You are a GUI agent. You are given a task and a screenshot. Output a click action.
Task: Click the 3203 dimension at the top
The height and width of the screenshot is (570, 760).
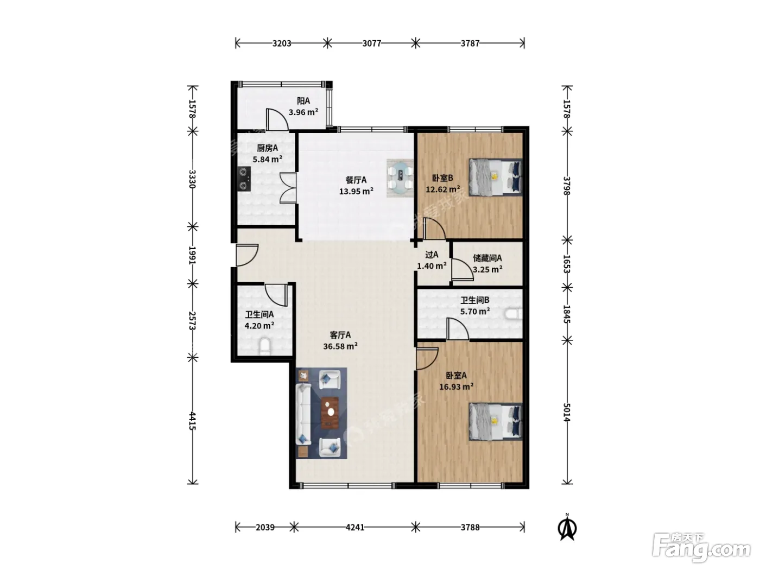[x=282, y=43]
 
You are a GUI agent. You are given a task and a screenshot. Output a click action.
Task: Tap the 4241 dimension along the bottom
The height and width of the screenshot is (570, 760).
[x=355, y=527]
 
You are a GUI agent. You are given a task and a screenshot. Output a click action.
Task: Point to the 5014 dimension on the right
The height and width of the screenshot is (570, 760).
[x=566, y=412]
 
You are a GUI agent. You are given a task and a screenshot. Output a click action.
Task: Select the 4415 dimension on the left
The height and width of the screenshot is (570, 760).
[x=193, y=421]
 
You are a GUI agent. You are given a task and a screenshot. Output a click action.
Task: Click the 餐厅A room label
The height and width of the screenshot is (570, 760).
[x=356, y=180]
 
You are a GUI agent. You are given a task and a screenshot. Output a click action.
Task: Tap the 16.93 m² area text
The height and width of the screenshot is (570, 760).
[x=457, y=387]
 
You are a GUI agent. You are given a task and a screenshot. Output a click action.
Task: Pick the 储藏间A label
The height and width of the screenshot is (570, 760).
[x=487, y=258]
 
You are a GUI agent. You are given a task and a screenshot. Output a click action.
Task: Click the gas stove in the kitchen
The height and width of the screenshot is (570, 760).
[x=244, y=179]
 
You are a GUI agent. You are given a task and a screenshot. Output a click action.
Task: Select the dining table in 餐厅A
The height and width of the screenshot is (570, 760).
[x=400, y=178]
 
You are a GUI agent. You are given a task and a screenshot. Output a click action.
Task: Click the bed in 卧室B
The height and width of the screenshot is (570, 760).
[x=496, y=177]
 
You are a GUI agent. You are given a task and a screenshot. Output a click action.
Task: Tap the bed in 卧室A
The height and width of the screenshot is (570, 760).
[x=496, y=421]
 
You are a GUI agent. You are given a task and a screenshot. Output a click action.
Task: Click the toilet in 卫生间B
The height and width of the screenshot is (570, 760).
[x=514, y=314]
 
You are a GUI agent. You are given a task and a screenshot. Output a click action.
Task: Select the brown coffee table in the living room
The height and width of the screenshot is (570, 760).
[x=330, y=413]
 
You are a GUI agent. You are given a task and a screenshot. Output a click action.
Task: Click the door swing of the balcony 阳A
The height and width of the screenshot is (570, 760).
[x=277, y=120]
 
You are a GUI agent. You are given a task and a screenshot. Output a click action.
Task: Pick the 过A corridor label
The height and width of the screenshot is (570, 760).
[x=432, y=255]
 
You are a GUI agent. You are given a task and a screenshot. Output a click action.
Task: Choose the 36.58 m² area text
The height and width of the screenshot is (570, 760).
[x=340, y=346]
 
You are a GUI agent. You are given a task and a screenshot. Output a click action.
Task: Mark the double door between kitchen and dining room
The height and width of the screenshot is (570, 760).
[x=288, y=187]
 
